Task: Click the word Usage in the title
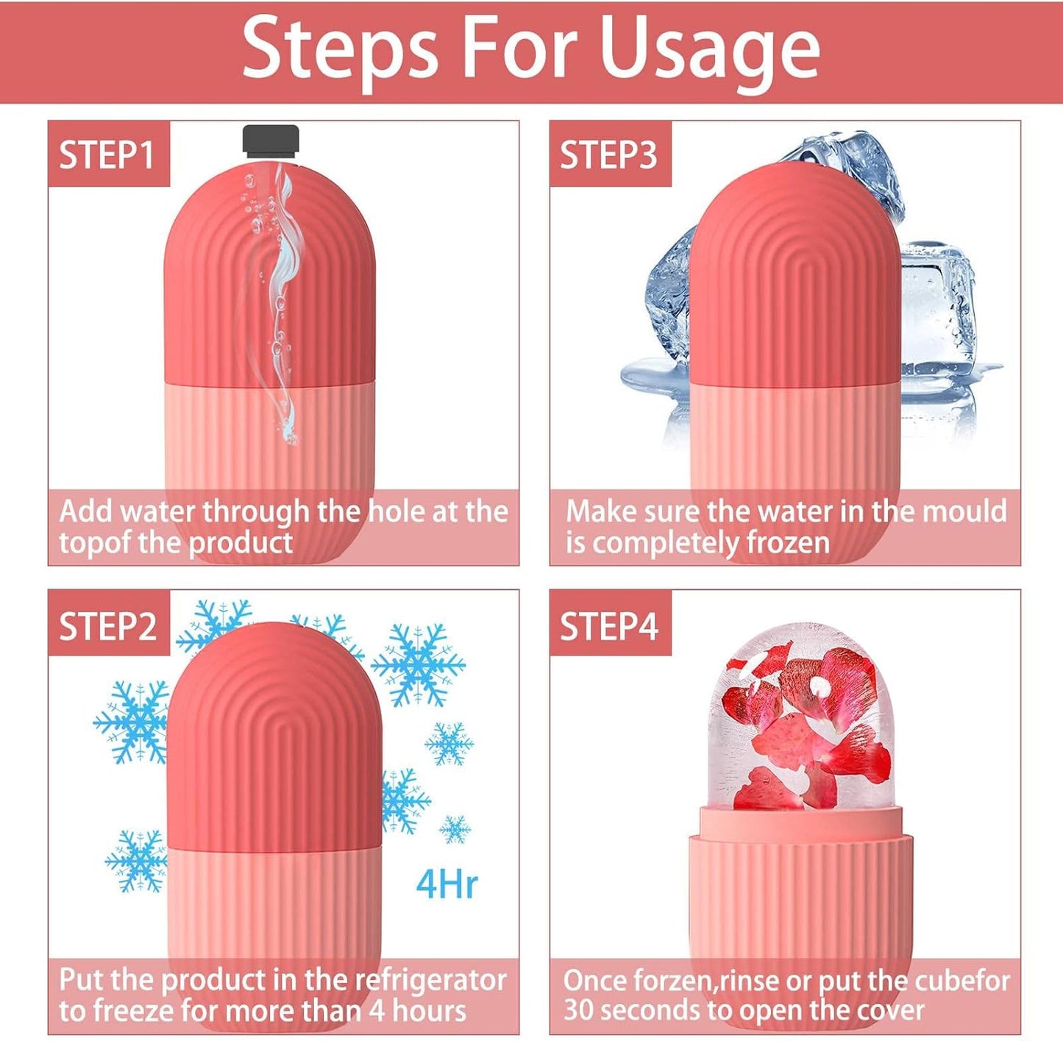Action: [x=709, y=49]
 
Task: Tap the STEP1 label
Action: [x=107, y=155]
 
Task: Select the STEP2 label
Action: [x=107, y=627]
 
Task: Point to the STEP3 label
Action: [x=608, y=155]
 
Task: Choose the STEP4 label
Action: [x=608, y=627]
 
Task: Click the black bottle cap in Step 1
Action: [x=271, y=141]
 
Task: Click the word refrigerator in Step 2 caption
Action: [x=431, y=980]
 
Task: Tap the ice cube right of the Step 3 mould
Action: [x=938, y=309]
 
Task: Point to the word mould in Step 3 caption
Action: [x=964, y=511]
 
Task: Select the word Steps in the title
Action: [x=340, y=49]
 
